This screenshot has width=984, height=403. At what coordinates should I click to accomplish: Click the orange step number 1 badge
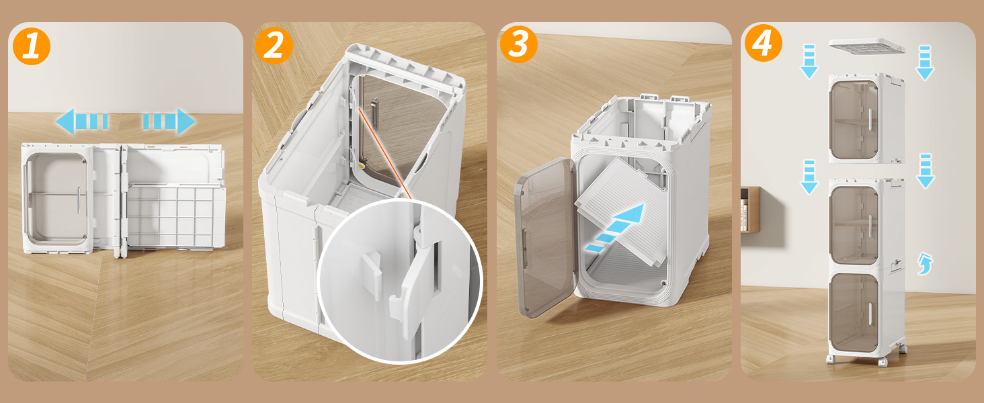[31, 45]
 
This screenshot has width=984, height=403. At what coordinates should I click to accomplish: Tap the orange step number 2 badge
[274, 45]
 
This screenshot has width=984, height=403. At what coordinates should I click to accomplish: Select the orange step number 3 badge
[518, 45]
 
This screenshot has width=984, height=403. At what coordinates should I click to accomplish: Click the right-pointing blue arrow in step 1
[169, 122]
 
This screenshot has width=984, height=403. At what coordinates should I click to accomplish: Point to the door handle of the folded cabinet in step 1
[79, 199]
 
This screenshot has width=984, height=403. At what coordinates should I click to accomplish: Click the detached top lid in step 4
[866, 46]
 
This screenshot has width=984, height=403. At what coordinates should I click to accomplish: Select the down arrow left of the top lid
[809, 61]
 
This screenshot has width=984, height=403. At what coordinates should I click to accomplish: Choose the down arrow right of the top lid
[925, 62]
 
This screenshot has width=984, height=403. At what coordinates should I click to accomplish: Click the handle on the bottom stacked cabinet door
[870, 313]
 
